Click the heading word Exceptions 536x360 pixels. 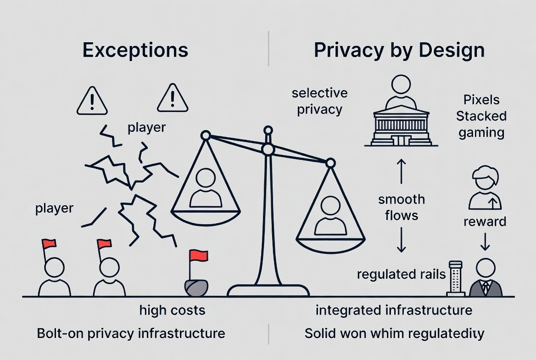coord(135,50)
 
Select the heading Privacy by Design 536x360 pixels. coord(399,50)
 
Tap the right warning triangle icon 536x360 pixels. coord(173,98)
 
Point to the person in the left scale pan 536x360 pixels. coord(206,188)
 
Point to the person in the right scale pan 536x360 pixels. coord(331,216)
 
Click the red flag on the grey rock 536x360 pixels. coord(198,256)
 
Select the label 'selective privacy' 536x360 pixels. coord(319,101)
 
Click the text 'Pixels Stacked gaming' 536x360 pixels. coord(481,116)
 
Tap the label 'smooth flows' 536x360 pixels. coord(402,207)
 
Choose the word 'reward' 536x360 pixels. coord(485,222)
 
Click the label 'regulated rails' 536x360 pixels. coord(401,275)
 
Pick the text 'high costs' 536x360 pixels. coord(172,310)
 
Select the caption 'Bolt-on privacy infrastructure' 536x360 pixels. coord(131,333)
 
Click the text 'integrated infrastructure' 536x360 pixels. coord(394,310)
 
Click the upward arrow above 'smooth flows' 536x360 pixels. coord(401,172)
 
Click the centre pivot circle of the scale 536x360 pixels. coord(268,149)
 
